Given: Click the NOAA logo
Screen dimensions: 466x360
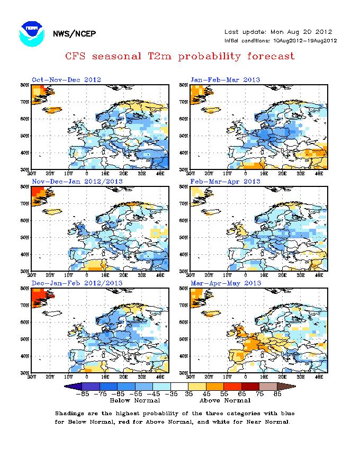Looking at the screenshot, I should click(31, 33).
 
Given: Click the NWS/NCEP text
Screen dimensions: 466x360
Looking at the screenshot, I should click(75, 34).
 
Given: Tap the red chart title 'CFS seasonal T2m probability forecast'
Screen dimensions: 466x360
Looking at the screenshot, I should click(179, 56).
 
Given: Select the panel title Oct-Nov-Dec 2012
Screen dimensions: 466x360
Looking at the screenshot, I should click(66, 80).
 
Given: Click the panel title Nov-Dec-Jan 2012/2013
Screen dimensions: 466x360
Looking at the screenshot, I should click(77, 182).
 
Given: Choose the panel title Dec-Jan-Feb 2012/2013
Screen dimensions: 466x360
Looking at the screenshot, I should click(77, 283).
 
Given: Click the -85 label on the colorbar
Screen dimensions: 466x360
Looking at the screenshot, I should click(82, 394).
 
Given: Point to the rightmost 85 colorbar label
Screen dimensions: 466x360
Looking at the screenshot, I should click(277, 394).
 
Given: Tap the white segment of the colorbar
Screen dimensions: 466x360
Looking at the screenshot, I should click(179, 387).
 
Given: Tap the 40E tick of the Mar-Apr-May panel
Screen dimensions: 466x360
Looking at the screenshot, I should click(319, 377).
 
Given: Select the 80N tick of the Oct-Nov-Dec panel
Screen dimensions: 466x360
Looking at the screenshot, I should click(25, 85).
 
